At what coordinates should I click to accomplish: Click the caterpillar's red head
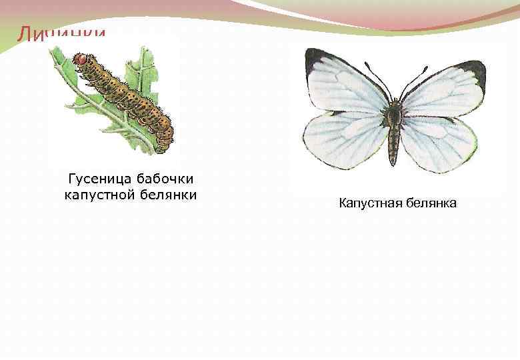(x=81, y=61)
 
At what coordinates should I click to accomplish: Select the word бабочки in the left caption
(x=165, y=179)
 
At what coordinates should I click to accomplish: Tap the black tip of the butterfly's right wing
(x=475, y=68)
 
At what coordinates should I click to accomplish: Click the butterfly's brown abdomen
(x=394, y=140)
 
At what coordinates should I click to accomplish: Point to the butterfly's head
(x=395, y=103)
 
